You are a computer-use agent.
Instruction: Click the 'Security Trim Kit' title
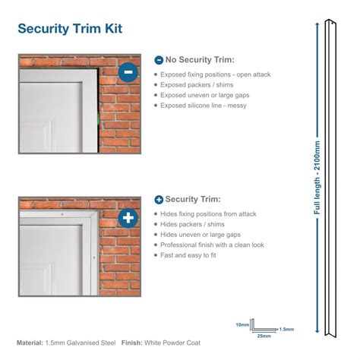tap(70, 28)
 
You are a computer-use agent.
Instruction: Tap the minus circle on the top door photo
tap(128, 72)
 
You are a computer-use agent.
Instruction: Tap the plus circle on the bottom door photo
tap(128, 218)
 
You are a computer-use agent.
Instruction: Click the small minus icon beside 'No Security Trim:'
tap(159, 60)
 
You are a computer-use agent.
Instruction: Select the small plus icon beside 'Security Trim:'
tap(159, 200)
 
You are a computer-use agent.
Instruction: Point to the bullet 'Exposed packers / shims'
tap(197, 85)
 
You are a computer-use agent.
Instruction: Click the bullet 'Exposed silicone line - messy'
tap(204, 106)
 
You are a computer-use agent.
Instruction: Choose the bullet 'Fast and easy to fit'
tap(188, 255)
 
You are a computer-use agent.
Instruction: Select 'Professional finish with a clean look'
tap(212, 245)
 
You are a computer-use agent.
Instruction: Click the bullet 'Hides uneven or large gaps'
tap(201, 235)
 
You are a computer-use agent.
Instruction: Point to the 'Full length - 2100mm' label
tap(317, 178)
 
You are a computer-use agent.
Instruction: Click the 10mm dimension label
tap(242, 324)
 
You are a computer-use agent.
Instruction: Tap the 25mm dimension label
tap(264, 336)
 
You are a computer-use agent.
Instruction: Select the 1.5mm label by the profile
tap(286, 329)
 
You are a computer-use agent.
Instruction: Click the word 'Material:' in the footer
tap(30, 343)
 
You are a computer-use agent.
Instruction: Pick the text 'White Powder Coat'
tap(172, 343)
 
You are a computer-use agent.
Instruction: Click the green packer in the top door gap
tap(98, 118)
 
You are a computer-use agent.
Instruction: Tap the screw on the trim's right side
tap(94, 257)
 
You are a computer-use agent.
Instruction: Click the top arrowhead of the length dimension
tap(317, 24)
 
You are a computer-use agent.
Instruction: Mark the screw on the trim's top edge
tap(62, 214)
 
